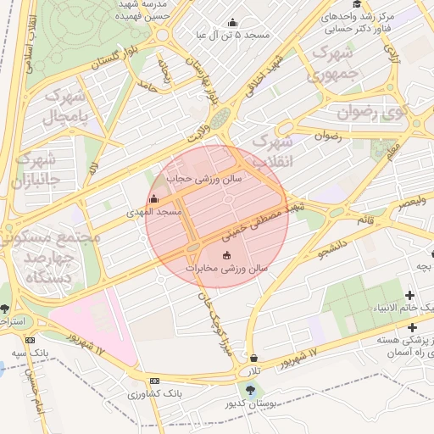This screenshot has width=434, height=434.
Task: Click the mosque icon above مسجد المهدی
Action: point(153,199)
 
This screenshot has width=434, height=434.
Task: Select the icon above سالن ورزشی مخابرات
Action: point(226,255)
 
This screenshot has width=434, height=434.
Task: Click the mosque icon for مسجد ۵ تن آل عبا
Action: point(233,22)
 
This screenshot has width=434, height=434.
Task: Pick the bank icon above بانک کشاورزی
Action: point(153,381)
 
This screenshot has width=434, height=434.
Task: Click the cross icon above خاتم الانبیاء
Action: point(411,295)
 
